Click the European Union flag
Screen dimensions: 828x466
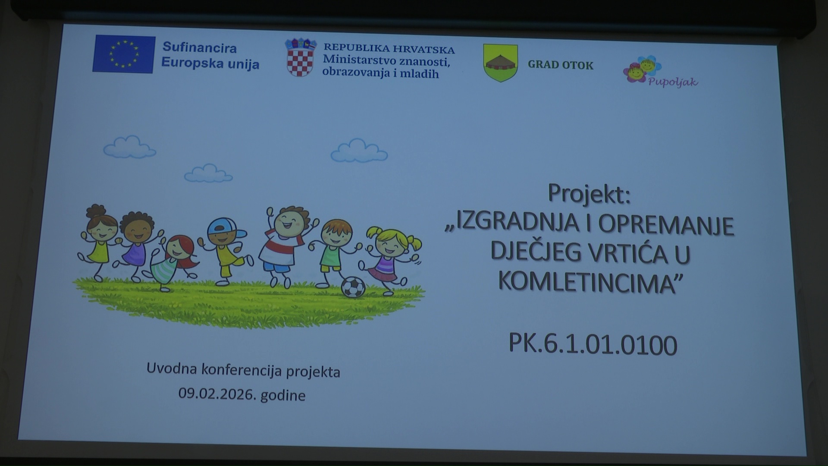click(124, 54)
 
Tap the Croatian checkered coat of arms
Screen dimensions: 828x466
click(301, 57)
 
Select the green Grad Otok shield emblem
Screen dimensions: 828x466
click(500, 63)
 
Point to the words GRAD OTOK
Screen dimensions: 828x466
click(561, 65)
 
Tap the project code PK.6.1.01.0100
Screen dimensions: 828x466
click(593, 344)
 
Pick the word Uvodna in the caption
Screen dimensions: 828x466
click(172, 368)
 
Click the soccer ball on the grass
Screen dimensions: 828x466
click(353, 287)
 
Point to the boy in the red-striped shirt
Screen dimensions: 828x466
click(285, 246)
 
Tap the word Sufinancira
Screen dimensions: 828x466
click(199, 47)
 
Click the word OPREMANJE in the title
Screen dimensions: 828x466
click(666, 224)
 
